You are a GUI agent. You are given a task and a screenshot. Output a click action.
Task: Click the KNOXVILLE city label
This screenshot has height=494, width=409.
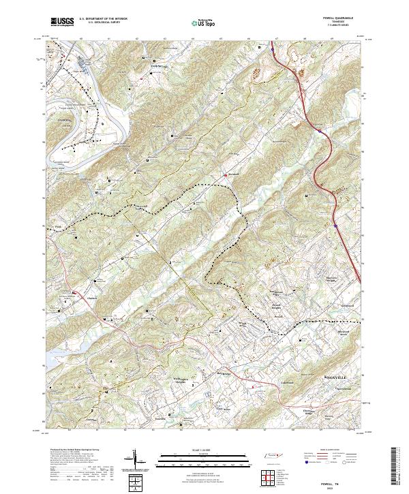[x=333, y=377]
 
